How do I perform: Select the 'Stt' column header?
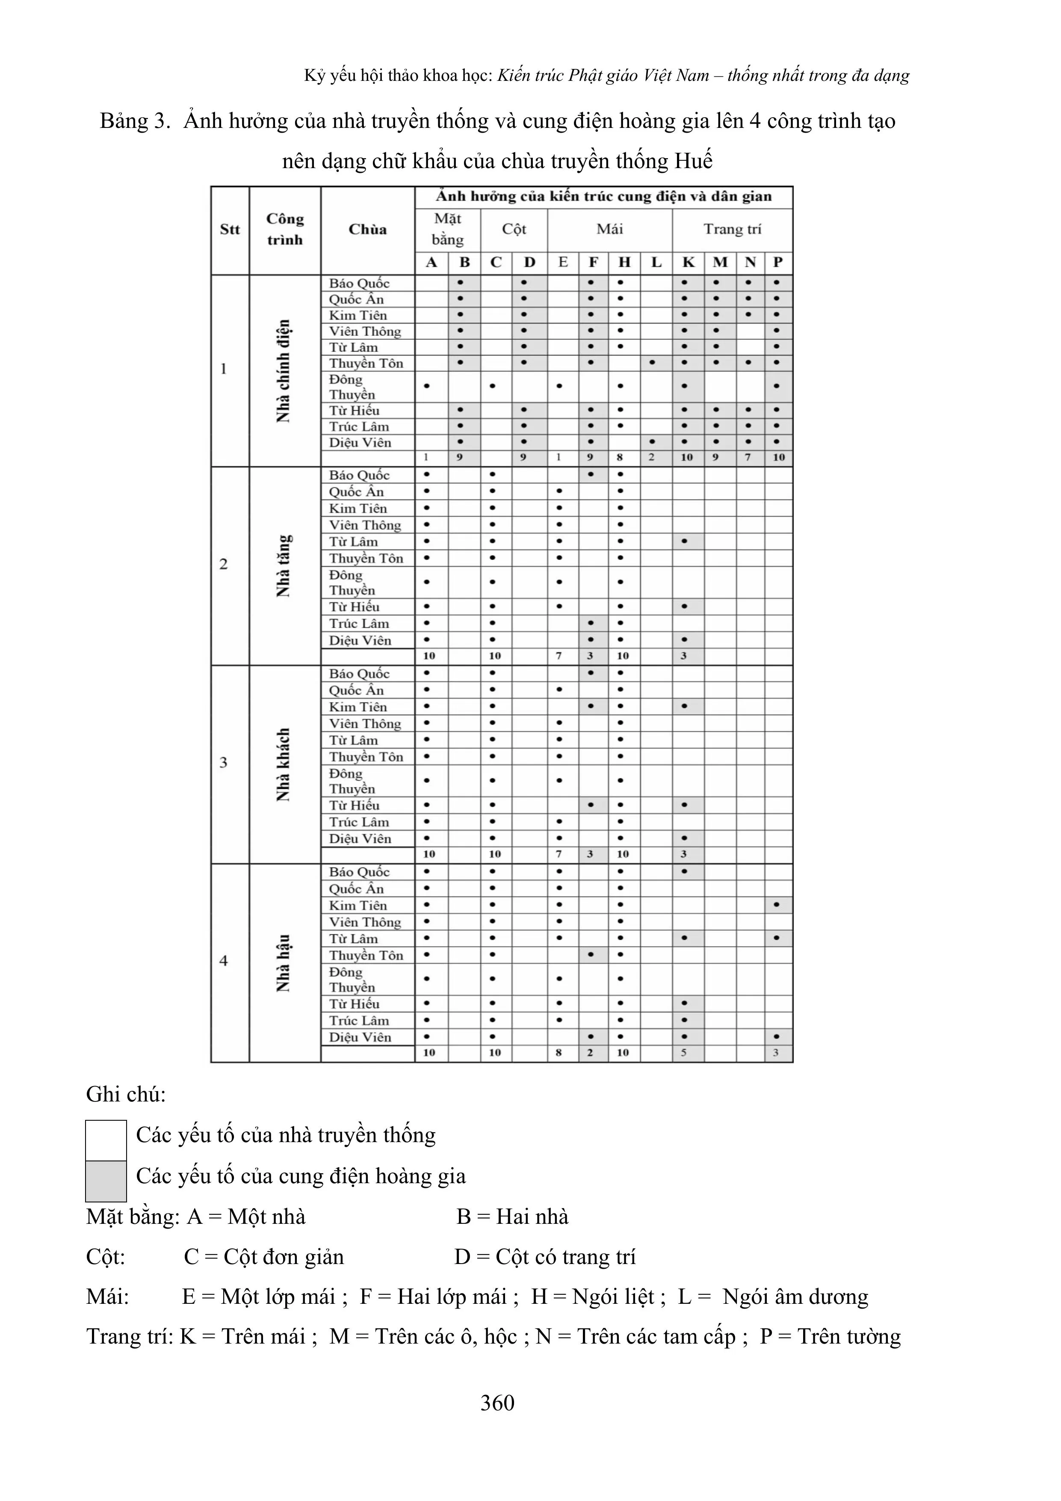pyautogui.click(x=230, y=229)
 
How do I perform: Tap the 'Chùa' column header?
pyautogui.click(x=367, y=229)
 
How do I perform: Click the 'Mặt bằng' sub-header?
pyautogui.click(x=448, y=229)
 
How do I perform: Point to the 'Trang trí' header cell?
pyautogui.click(x=732, y=229)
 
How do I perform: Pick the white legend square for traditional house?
pyautogui.click(x=106, y=1140)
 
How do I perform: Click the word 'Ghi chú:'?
pyautogui.click(x=126, y=1094)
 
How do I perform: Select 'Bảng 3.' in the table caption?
pyautogui.click(x=135, y=121)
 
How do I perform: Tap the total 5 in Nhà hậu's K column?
pyautogui.click(x=684, y=1053)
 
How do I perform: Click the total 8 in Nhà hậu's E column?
pyautogui.click(x=559, y=1053)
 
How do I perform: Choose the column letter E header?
pyautogui.click(x=563, y=263)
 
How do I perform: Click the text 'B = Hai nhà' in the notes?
pyautogui.click(x=512, y=1217)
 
